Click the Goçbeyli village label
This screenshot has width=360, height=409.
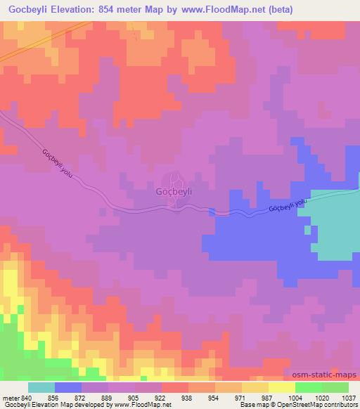click(x=173, y=190)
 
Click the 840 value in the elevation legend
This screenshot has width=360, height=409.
click(x=27, y=397)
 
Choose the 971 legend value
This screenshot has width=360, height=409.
click(x=241, y=397)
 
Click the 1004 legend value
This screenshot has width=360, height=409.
click(x=295, y=397)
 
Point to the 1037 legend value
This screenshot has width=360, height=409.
click(x=347, y=397)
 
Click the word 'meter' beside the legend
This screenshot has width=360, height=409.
click(x=11, y=397)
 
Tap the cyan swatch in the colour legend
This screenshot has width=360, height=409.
click(x=41, y=387)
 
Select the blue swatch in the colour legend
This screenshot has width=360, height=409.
click(x=67, y=387)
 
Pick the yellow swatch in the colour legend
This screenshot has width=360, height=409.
click(x=281, y=387)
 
